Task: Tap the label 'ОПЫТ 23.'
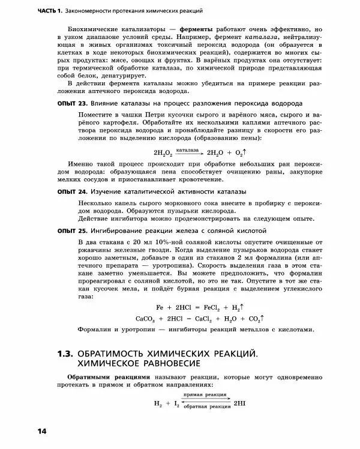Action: pyautogui.click(x=71, y=104)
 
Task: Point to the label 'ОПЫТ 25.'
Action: pyautogui.click(x=71, y=230)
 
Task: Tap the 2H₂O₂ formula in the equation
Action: pyautogui.click(x=163, y=153)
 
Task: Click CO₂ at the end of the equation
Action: pyautogui.click(x=254, y=319)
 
